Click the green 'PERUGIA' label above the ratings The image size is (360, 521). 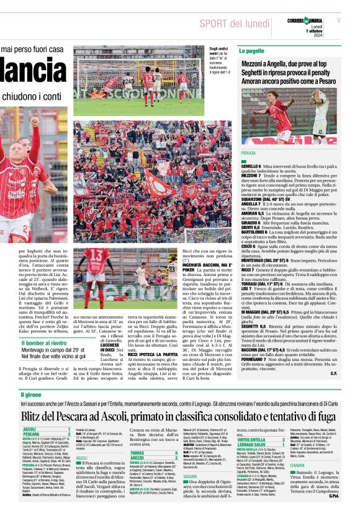(248, 152)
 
